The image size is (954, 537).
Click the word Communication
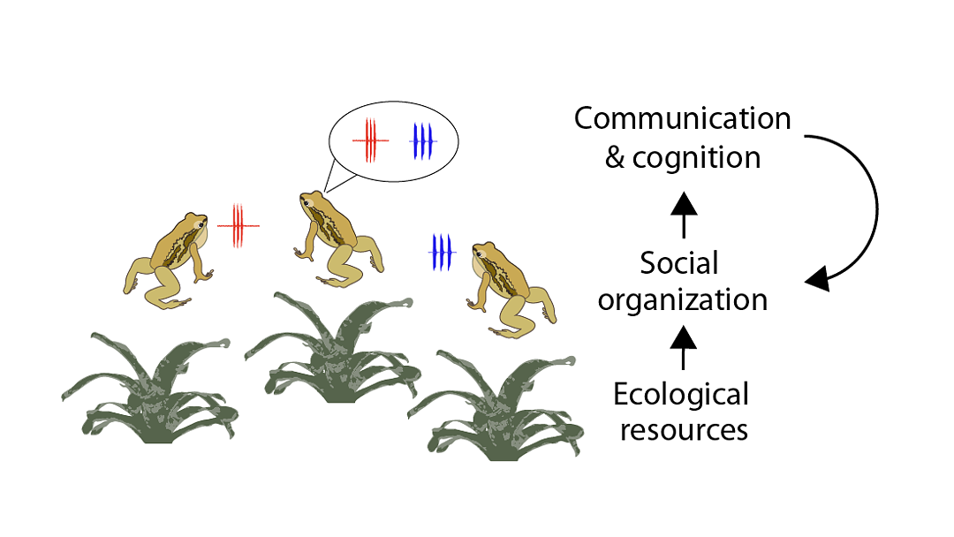(682, 118)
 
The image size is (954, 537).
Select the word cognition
(697, 159)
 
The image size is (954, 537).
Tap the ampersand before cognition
(615, 157)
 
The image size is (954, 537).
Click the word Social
(679, 263)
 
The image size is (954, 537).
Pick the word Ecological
(681, 394)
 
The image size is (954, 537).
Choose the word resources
(684, 431)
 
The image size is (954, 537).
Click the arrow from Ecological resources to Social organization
(683, 347)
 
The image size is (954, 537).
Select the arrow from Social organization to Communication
(684, 215)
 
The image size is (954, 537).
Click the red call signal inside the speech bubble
(370, 140)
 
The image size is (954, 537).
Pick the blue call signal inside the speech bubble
(423, 141)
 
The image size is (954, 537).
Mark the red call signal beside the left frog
(238, 225)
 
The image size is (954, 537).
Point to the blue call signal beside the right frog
(442, 252)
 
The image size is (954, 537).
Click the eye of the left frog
(200, 225)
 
